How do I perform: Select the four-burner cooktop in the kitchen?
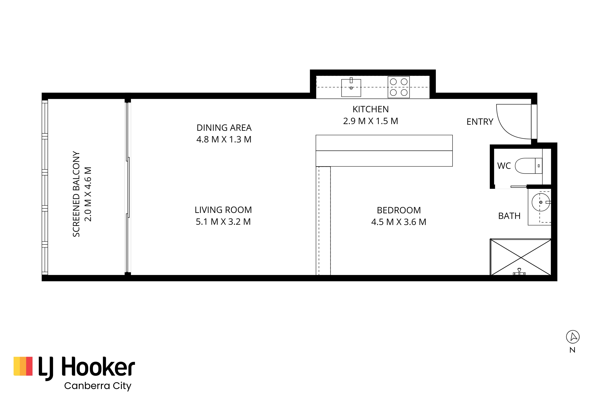point(399,87)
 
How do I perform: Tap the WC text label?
point(504,166)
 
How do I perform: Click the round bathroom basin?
point(541,202)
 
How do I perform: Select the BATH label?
point(509,216)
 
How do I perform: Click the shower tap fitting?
point(519,272)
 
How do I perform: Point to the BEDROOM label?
point(399,210)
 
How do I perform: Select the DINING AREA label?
point(224,128)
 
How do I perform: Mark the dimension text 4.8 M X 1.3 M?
point(224,139)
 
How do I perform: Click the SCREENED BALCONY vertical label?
point(76,194)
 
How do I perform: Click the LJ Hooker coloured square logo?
point(23,366)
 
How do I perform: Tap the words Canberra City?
point(98,386)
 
